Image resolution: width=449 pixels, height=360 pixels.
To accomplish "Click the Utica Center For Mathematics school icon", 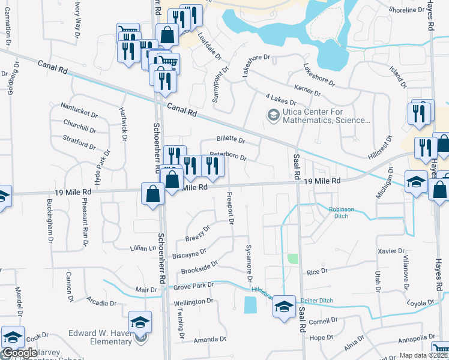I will point(273,115).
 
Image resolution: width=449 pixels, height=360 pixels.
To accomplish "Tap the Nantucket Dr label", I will point(79,113).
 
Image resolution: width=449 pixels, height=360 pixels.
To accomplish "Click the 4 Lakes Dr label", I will point(280,99).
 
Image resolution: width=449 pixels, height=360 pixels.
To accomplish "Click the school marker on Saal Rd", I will point(284,307).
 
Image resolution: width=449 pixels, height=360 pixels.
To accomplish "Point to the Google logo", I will point(19,353).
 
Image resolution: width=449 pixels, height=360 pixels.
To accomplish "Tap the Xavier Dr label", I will point(375,250).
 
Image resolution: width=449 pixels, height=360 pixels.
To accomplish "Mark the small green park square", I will point(293,259).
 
